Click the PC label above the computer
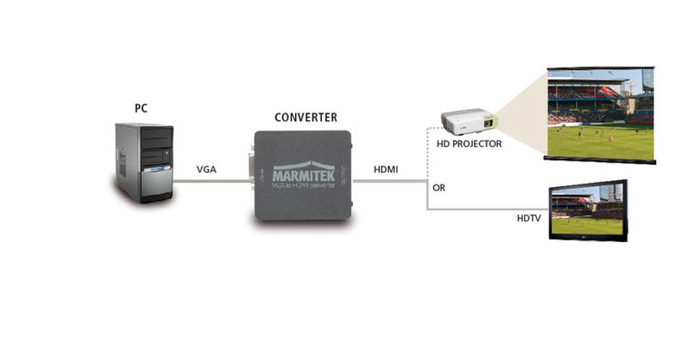(141, 108)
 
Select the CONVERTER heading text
(306, 118)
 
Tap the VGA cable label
(206, 169)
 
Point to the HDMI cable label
(386, 170)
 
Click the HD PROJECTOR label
(469, 144)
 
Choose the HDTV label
(529, 218)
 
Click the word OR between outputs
(439, 188)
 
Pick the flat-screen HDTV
(588, 210)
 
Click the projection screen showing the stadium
(600, 114)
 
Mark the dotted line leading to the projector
(428, 154)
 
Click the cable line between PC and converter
(212, 182)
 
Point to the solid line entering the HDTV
(486, 210)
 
